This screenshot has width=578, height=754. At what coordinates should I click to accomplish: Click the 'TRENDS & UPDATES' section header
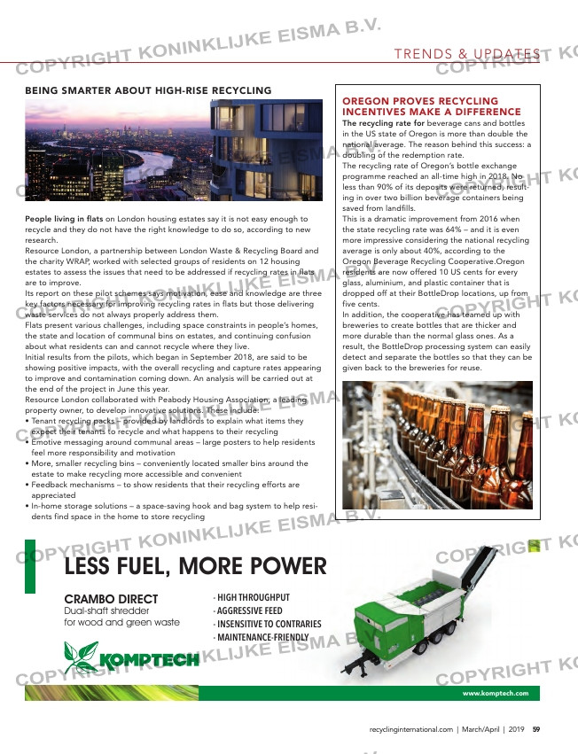click(x=467, y=55)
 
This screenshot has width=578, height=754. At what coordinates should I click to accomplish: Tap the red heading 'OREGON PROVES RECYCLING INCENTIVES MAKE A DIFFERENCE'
click(x=432, y=107)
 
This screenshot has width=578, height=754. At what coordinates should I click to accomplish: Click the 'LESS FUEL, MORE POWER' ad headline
click(x=196, y=566)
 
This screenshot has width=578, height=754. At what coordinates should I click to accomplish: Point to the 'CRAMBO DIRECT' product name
click(x=111, y=600)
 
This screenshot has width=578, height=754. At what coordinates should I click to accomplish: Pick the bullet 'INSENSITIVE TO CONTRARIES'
click(x=267, y=624)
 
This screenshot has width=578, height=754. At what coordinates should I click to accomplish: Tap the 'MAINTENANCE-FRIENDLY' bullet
click(x=261, y=637)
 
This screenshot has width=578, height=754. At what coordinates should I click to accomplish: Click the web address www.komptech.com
click(x=496, y=693)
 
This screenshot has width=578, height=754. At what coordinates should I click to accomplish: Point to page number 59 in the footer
click(x=536, y=730)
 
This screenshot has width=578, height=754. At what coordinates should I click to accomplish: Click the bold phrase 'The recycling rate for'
click(x=382, y=123)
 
